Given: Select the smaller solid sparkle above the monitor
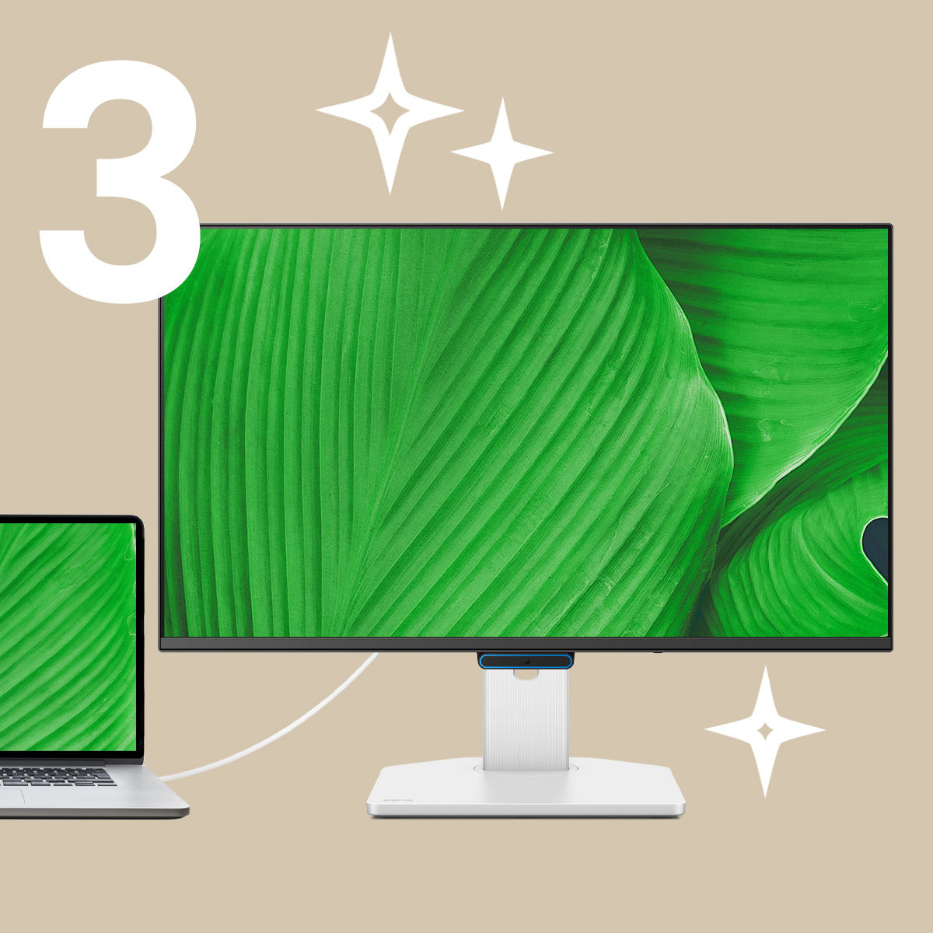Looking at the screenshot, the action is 502,153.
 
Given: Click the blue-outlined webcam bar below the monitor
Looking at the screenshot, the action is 526,661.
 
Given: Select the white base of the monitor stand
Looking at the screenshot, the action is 526,789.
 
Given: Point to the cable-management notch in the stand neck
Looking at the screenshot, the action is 526,674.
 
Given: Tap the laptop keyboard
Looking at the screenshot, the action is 56,776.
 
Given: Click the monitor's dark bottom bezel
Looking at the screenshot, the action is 526,645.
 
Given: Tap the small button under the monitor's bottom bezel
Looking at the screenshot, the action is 657,652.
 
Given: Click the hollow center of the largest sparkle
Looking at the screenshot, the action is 390,112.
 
